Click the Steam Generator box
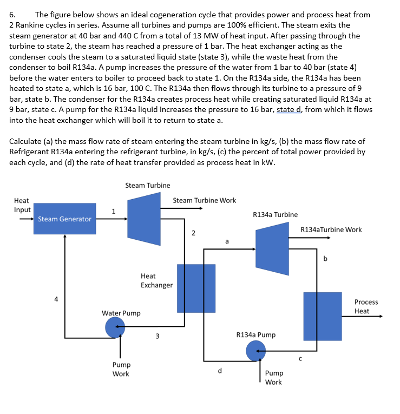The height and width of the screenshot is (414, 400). pyautogui.click(x=64, y=219)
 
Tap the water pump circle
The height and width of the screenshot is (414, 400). pyautogui.click(x=115, y=326)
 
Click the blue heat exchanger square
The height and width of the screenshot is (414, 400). pyautogui.click(x=196, y=288)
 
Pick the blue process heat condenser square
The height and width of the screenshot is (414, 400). pyautogui.click(x=322, y=316)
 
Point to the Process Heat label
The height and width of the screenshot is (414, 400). pyautogui.click(x=366, y=306)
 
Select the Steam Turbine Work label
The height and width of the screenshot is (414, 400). pyautogui.click(x=204, y=200)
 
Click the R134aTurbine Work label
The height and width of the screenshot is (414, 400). pyautogui.click(x=331, y=229)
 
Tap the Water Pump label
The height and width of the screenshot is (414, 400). pyautogui.click(x=121, y=313)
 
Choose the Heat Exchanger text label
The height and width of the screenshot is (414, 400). pyautogui.click(x=156, y=280)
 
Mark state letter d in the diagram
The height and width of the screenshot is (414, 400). pyautogui.click(x=219, y=371)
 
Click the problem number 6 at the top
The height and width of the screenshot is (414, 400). pyautogui.click(x=13, y=15)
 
